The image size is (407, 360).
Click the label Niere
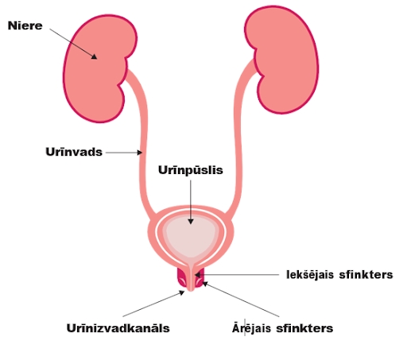pos(25,25)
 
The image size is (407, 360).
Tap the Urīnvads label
pos(74,152)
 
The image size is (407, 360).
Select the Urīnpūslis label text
pos(191,170)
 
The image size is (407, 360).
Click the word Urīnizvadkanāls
pos(118,328)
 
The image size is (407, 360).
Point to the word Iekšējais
pos(310,275)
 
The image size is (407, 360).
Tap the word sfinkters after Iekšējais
pos(366,275)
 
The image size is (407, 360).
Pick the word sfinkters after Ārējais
pos(304,328)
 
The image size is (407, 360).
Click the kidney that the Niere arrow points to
pos(99,69)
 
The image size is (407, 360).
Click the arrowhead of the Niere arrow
pos(95,56)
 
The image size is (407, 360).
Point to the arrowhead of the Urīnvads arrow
pos(140,153)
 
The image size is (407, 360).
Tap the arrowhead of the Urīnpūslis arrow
pos(191,222)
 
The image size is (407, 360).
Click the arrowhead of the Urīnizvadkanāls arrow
pos(182,292)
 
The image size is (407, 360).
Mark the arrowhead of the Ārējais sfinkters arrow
pos(205,285)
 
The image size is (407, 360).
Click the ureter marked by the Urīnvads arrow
pos(143,143)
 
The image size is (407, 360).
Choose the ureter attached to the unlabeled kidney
pos(238,137)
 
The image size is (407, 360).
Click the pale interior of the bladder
pos(191,237)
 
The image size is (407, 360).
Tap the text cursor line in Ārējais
pos(245,327)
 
